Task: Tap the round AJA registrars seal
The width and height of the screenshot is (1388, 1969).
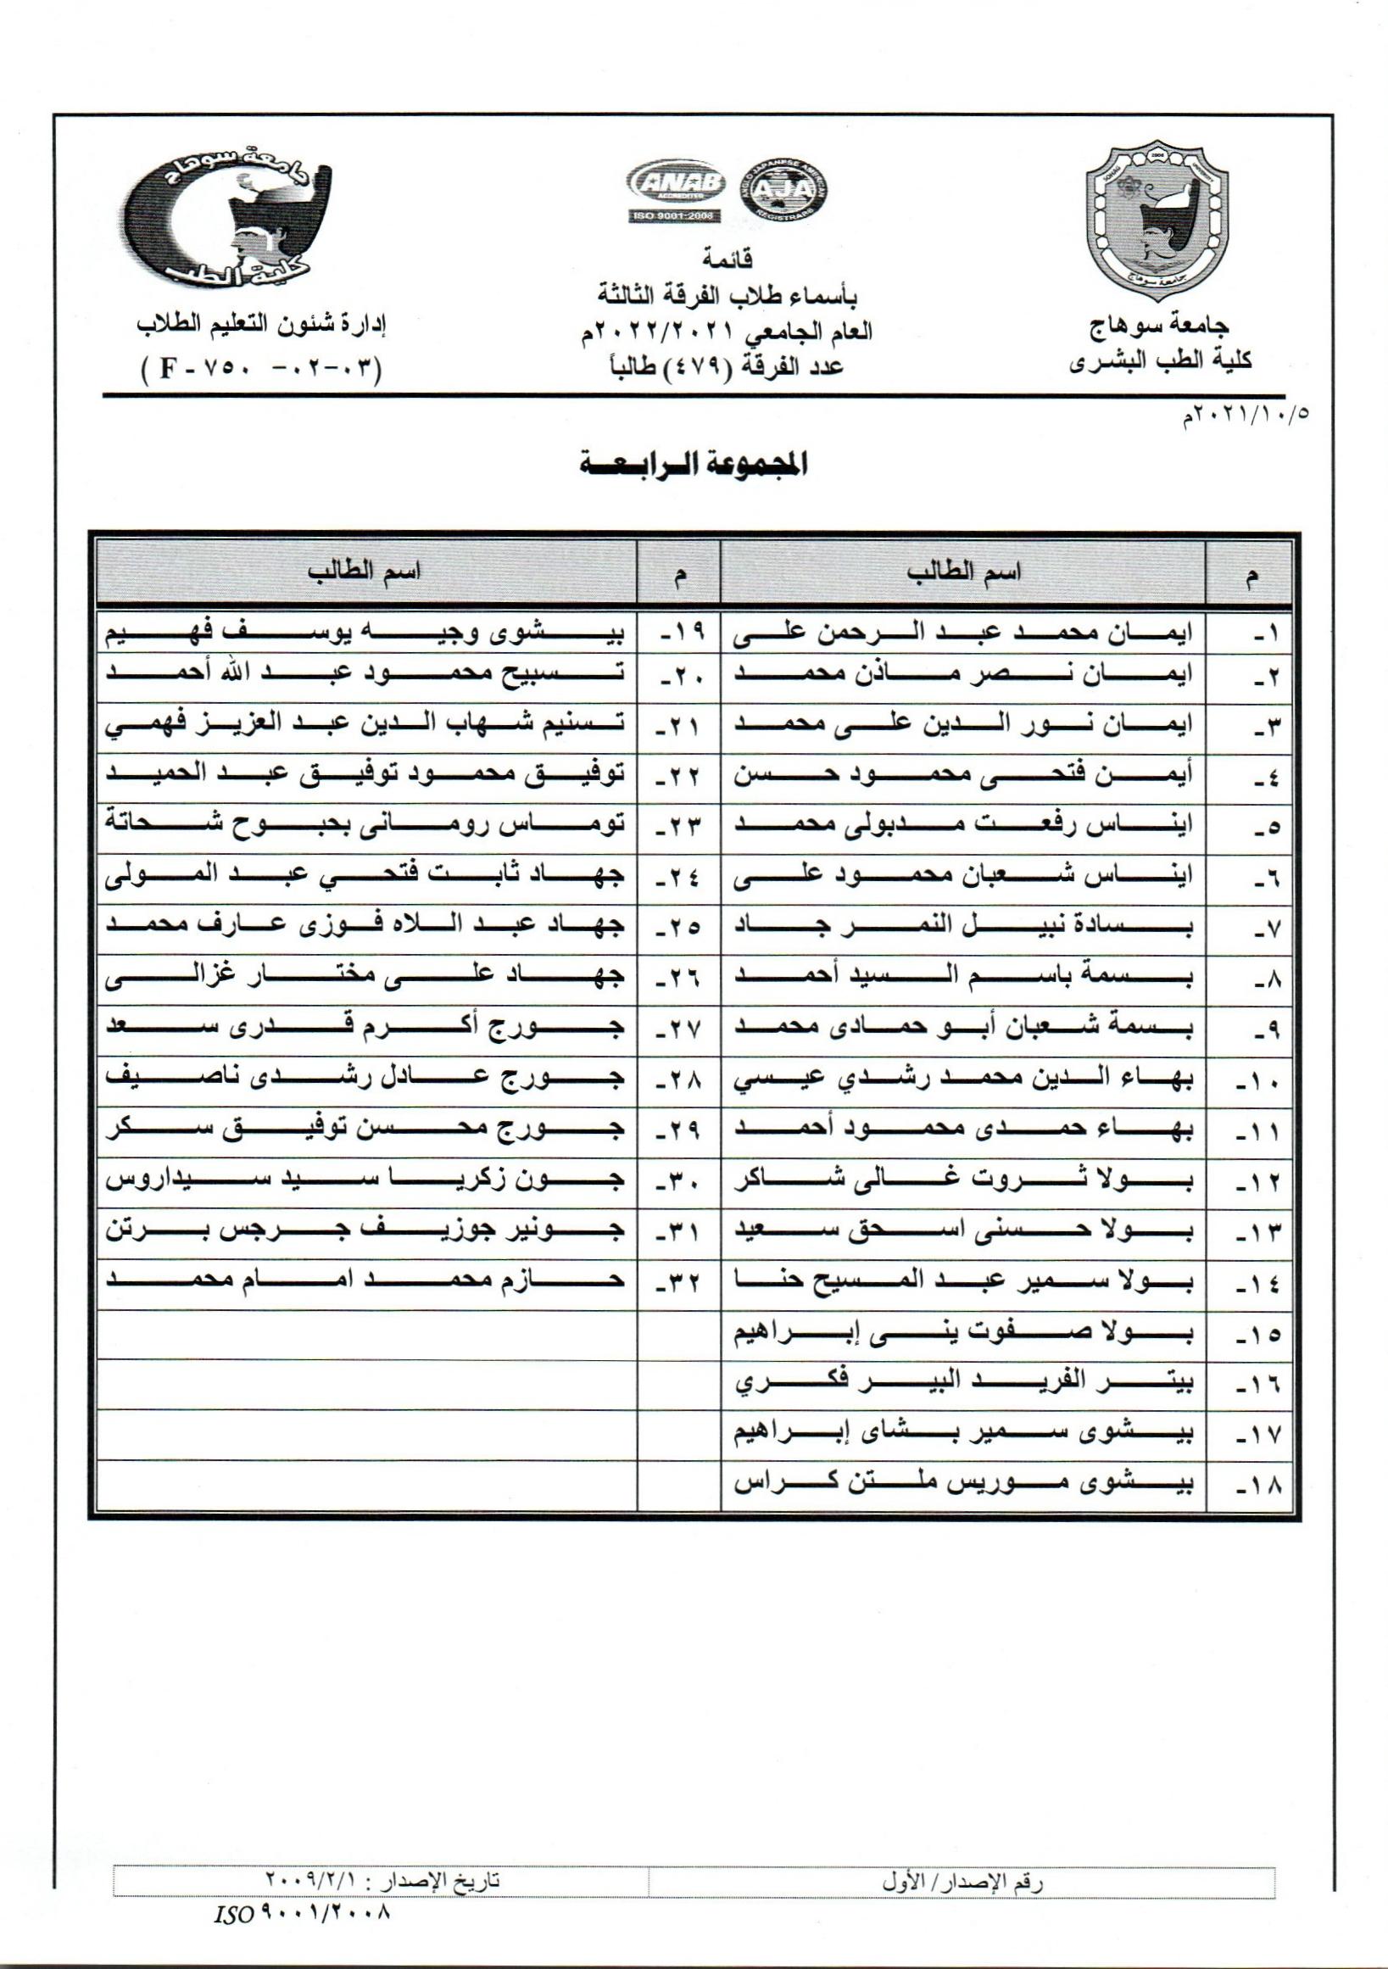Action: pyautogui.click(x=784, y=191)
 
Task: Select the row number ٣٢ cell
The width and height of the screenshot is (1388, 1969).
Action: pyautogui.click(x=678, y=1284)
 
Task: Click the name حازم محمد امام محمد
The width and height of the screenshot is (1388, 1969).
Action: pyautogui.click(x=365, y=1283)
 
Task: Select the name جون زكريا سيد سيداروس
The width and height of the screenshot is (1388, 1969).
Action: pyautogui.click(x=365, y=1183)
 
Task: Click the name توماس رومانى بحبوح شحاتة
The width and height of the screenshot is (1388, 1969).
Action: pyautogui.click(x=365, y=825)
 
